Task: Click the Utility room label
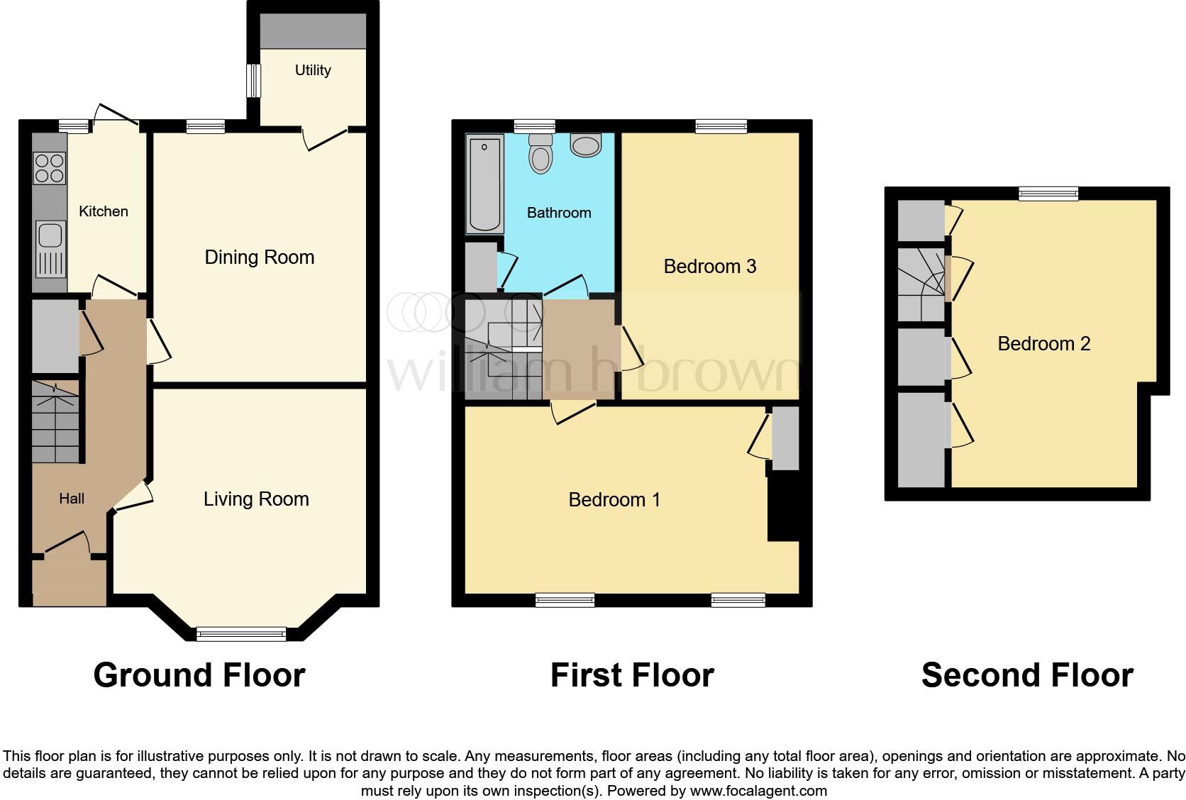pos(313,70)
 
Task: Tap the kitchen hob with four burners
pos(50,168)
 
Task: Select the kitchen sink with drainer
pos(50,248)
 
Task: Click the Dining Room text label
pos(259,257)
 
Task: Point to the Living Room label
pos(256,499)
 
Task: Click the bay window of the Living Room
pos(241,633)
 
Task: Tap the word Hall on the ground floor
pos(72,499)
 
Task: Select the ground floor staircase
pos(55,422)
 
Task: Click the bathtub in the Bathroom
pos(484,184)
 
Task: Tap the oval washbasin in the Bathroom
pos(585,146)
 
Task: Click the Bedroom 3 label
pos(709,267)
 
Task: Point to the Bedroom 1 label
pos(614,499)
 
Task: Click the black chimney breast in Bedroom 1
pos(783,508)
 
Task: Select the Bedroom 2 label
pos(1043,344)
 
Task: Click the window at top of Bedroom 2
pos(1048,193)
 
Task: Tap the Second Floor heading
pos(1026,674)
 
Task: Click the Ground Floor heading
pos(199,674)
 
